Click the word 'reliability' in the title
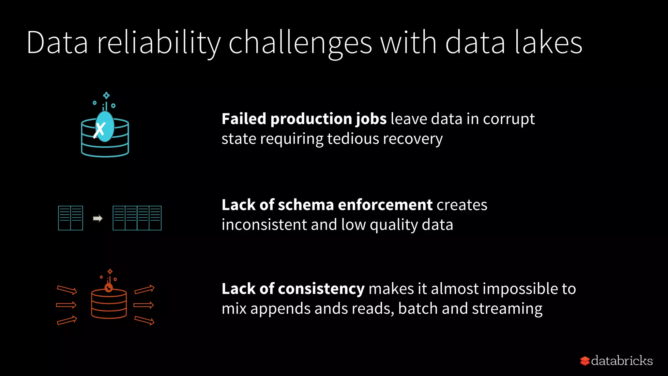pos(159,43)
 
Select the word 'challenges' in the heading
pos(300,43)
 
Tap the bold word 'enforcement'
pos(385,205)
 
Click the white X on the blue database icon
pos(99,130)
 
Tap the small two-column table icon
pos(70,218)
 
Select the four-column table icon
pos(137,218)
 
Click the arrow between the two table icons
pos(98,218)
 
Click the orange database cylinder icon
pos(109,303)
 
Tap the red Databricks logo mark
pos(585,361)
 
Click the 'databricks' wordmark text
pos(622,361)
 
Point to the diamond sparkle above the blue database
pos(106,96)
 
